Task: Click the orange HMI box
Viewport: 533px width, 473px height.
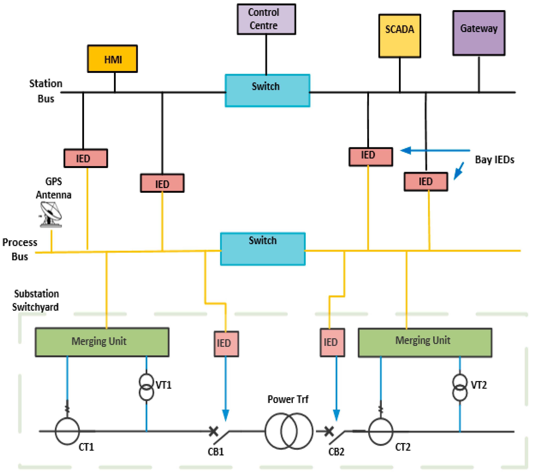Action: click(112, 59)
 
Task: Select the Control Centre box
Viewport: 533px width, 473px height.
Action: click(266, 19)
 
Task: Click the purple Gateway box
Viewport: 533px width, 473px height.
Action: click(479, 33)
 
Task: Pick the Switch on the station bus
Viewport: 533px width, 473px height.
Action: click(268, 90)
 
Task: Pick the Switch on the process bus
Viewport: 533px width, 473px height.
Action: click(263, 249)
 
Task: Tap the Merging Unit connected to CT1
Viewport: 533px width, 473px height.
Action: click(102, 342)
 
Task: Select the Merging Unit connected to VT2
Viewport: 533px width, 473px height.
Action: click(425, 342)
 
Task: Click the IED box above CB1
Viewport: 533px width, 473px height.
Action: click(226, 344)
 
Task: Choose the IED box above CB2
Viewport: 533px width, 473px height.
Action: click(332, 342)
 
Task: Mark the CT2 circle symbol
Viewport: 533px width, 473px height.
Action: click(380, 431)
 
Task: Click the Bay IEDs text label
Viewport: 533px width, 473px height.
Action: click(494, 159)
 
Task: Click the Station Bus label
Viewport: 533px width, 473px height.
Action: click(46, 91)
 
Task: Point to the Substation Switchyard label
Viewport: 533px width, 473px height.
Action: click(36, 300)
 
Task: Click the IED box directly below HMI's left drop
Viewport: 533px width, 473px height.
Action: click(86, 158)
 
